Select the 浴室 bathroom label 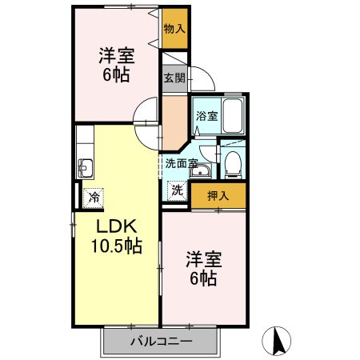[x=206, y=116]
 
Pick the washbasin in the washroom [x=201, y=173]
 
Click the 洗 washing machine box [x=177, y=190]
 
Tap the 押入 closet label [x=218, y=195]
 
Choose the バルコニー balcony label [x=161, y=342]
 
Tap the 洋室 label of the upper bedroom [x=116, y=57]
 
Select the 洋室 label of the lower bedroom [x=204, y=260]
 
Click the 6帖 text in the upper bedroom [x=116, y=77]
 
